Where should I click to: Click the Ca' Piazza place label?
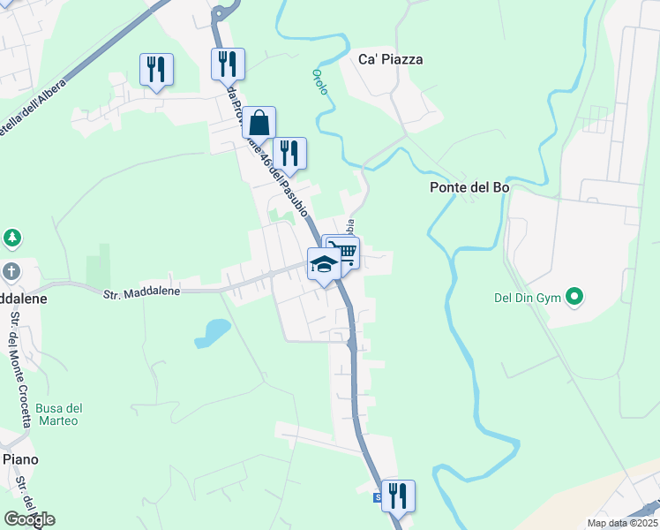coord(390,59)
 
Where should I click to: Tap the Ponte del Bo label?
coord(469,187)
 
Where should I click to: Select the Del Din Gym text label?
coord(528,297)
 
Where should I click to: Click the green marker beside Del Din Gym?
coord(575,296)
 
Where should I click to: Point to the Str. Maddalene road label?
coord(141,292)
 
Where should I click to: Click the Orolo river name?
coord(319,81)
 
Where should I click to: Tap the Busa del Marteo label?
coord(59,414)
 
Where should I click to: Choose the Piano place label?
coord(19,459)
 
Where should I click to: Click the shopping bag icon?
coord(259,123)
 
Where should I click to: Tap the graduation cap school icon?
coord(324,264)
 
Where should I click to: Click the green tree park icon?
coord(11,238)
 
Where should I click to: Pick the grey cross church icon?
coord(11,271)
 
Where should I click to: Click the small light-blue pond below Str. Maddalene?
coord(213,332)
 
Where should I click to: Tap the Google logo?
coord(29,519)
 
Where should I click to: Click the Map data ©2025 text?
coord(621,523)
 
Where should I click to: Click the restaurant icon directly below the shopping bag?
coord(289,153)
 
